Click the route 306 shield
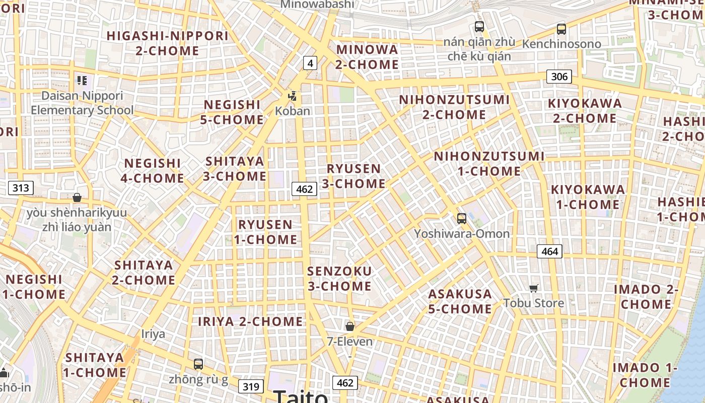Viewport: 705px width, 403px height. click(x=559, y=77)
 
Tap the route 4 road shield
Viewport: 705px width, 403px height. click(x=310, y=63)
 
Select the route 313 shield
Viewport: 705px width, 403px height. click(x=21, y=188)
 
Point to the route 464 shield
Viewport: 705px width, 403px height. click(x=549, y=251)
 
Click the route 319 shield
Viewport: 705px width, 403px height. click(x=250, y=386)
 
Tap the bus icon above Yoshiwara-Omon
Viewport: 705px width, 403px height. click(x=461, y=219)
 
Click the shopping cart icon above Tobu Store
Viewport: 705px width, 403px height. click(x=534, y=288)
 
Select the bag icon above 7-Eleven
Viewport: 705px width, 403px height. click(x=350, y=326)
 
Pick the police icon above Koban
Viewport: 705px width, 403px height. click(x=292, y=96)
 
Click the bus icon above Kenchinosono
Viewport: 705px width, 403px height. click(x=561, y=29)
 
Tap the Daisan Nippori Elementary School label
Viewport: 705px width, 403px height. click(x=82, y=103)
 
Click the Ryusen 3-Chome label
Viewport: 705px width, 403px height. click(x=354, y=176)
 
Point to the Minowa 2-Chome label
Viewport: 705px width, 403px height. click(x=367, y=57)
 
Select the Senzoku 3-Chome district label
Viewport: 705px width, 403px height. click(x=339, y=279)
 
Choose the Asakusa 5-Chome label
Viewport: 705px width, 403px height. click(x=460, y=301)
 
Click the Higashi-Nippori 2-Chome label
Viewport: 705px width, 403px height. click(x=168, y=43)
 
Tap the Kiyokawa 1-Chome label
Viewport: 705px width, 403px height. click(x=588, y=197)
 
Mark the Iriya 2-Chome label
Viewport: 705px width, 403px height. click(x=250, y=321)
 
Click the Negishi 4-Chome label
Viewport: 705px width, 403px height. click(x=153, y=171)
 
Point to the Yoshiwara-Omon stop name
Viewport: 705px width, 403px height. click(x=462, y=234)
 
